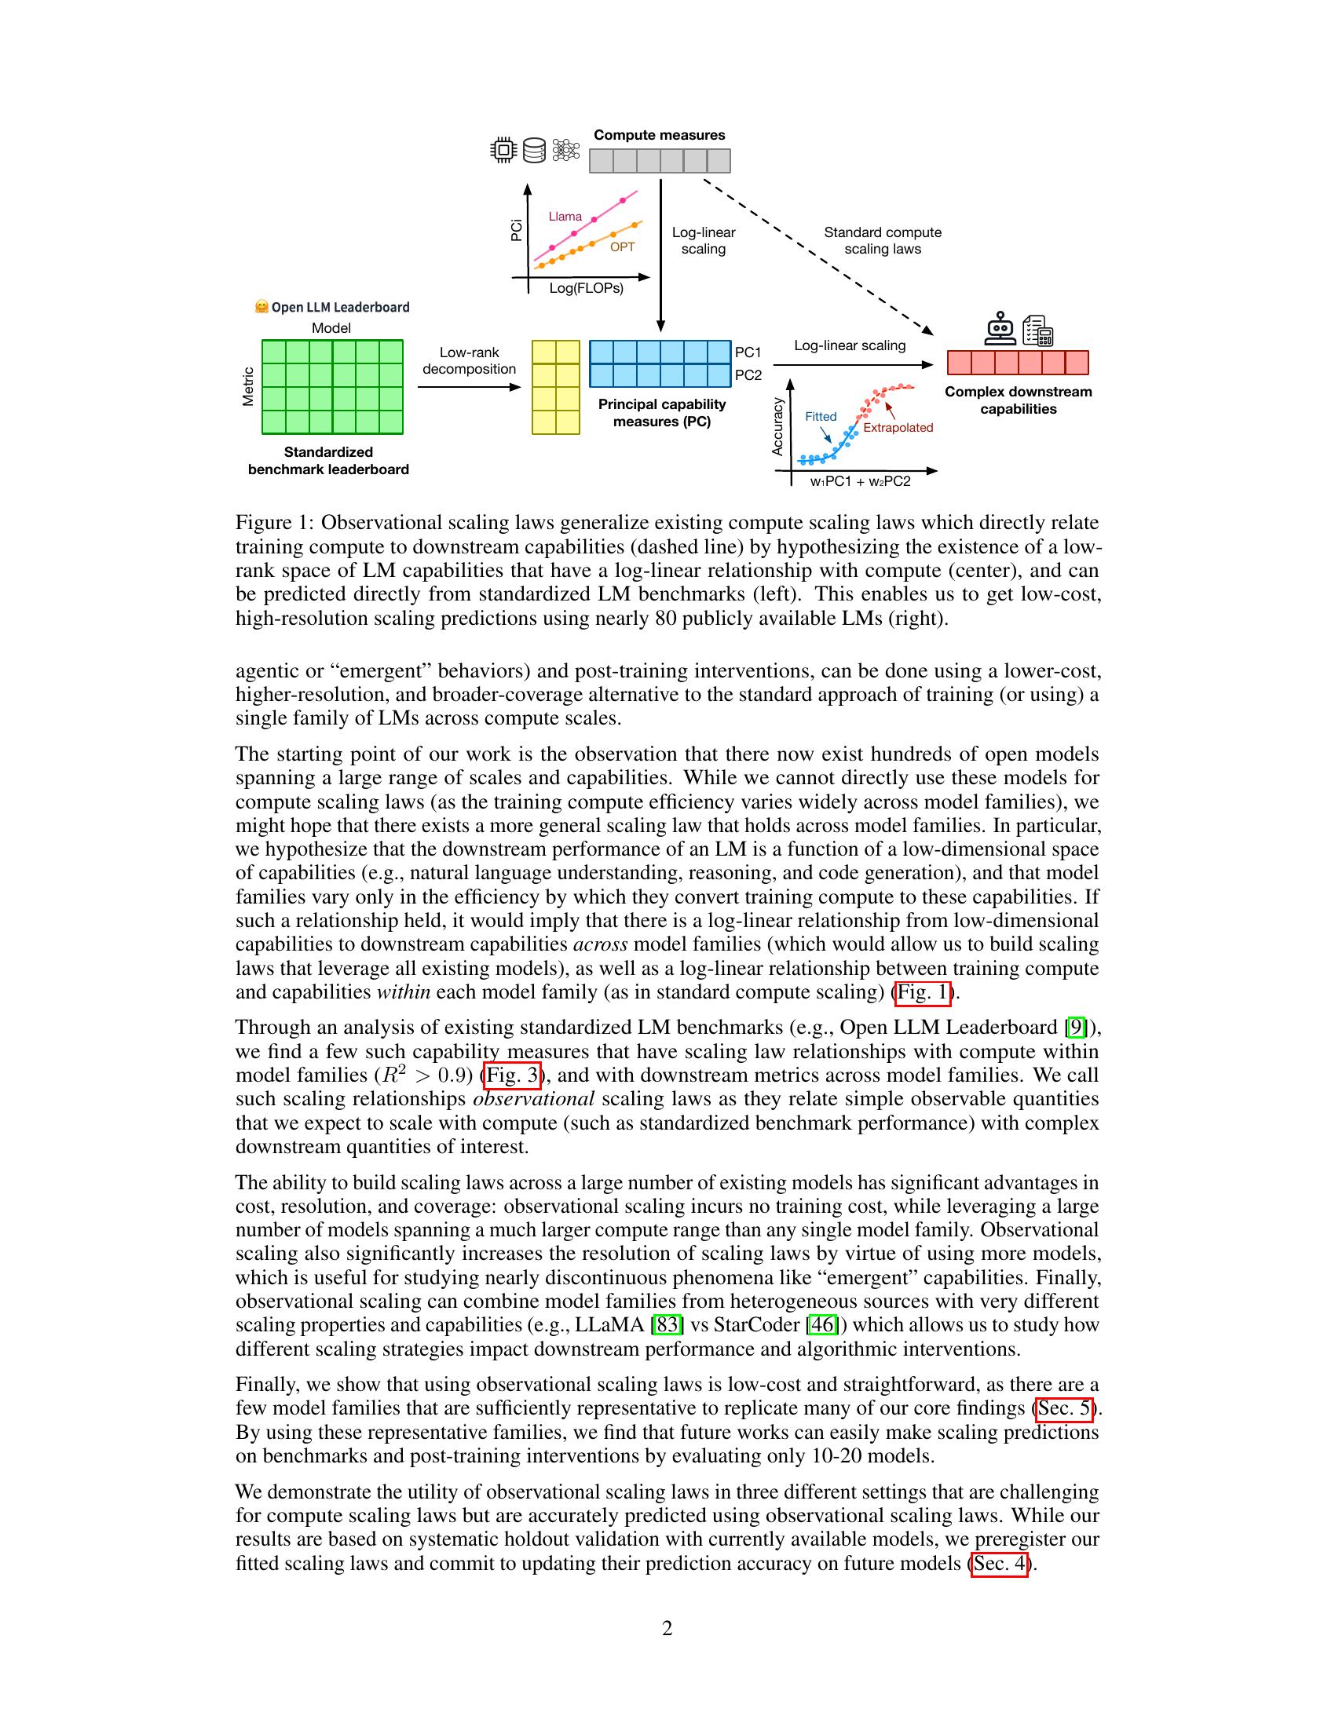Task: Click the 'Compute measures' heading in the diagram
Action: click(x=659, y=135)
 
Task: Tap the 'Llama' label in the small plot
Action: click(x=565, y=217)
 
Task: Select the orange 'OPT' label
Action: click(x=622, y=247)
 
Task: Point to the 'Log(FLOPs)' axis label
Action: click(x=586, y=289)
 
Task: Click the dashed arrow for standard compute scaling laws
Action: click(x=814, y=253)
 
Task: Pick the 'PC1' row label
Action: click(x=748, y=352)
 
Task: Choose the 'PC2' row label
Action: click(x=748, y=374)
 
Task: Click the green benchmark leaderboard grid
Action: click(x=332, y=387)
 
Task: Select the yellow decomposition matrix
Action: click(x=555, y=387)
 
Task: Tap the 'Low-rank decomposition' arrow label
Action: click(x=469, y=360)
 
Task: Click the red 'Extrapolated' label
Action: click(x=898, y=428)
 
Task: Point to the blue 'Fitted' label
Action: click(x=820, y=417)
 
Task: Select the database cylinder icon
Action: click(x=535, y=150)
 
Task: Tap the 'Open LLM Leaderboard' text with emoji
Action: click(x=332, y=307)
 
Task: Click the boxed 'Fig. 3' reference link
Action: click(x=512, y=1075)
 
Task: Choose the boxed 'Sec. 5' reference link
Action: click(x=1065, y=1408)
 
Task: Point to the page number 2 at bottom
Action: click(x=667, y=1628)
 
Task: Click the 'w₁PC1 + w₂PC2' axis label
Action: click(x=860, y=481)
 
